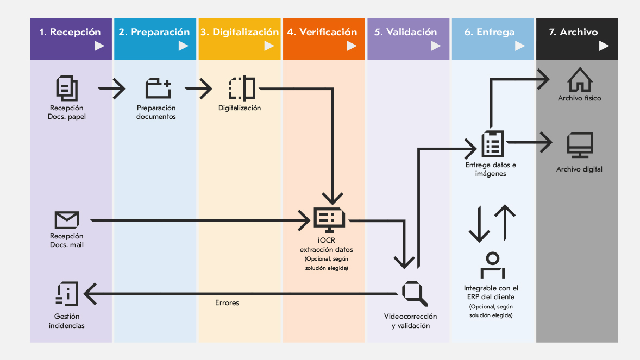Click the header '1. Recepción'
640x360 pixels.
click(71, 33)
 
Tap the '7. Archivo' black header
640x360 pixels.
click(573, 33)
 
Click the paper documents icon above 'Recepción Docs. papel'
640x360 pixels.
click(67, 89)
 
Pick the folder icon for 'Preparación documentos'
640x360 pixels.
click(158, 89)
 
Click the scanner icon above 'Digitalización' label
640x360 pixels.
click(242, 88)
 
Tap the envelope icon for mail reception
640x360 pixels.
click(67, 220)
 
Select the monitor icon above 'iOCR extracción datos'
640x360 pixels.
click(329, 219)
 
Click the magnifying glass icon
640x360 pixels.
click(415, 293)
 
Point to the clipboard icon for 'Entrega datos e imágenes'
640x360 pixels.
click(493, 143)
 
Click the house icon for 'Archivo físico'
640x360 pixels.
click(580, 80)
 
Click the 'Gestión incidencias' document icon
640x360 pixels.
click(67, 294)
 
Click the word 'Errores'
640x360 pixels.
click(227, 302)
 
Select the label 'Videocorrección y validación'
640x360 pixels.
click(410, 321)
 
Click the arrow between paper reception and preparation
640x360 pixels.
click(112, 89)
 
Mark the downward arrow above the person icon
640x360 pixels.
click(479, 224)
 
